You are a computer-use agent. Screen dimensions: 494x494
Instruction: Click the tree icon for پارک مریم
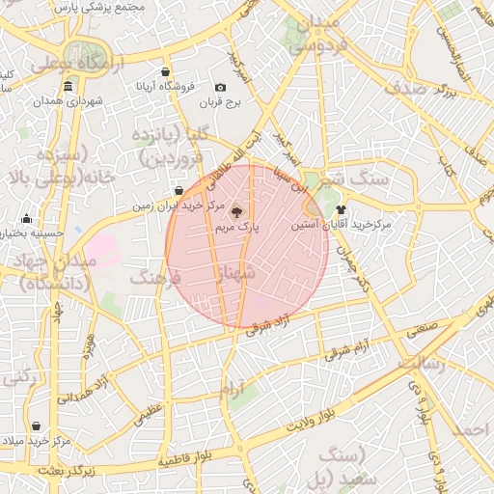[238, 211]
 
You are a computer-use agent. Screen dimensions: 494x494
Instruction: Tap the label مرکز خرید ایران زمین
[178, 206]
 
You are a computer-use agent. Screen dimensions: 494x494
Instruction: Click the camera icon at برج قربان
[221, 88]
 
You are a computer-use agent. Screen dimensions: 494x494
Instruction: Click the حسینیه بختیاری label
[32, 233]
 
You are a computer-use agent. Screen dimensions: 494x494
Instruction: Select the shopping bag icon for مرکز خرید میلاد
[36, 425]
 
